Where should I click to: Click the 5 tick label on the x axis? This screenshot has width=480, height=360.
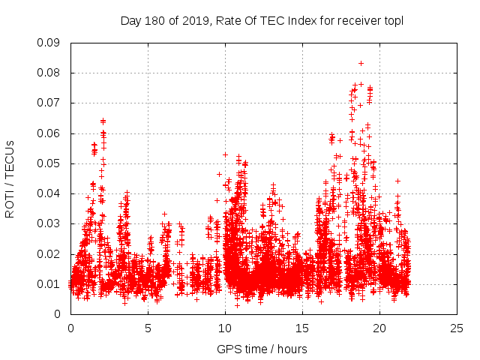pos(148,328)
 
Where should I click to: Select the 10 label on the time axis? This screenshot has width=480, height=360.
pos(225,328)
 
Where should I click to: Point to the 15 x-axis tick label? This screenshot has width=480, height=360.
pos(302,328)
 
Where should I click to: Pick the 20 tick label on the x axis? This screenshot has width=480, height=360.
pos(379,328)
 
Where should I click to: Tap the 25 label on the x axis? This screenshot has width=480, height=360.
pos(457,328)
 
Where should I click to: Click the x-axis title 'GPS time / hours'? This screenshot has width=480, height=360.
pos(262,349)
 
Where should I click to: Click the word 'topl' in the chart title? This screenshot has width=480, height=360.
pos(393,20)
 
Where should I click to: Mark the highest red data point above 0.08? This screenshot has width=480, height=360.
pos(361,63)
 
